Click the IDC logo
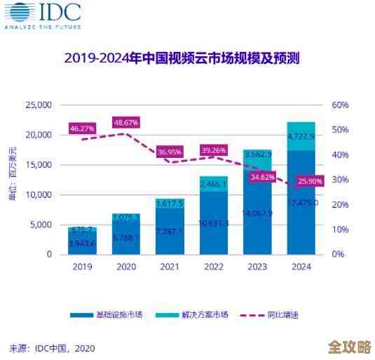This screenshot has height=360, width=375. pyautogui.click(x=42, y=15)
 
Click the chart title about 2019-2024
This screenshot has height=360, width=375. pyautogui.click(x=182, y=58)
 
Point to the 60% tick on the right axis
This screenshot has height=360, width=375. pyautogui.click(x=341, y=105)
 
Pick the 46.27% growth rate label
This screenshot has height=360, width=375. pyautogui.click(x=82, y=128)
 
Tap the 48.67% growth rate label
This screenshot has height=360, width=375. pyautogui.click(x=125, y=122)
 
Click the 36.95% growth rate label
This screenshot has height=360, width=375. pyautogui.click(x=170, y=152)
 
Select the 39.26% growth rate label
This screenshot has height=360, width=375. pyautogui.click(x=213, y=149)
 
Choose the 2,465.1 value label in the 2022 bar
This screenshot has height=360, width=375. pyautogui.click(x=213, y=184)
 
